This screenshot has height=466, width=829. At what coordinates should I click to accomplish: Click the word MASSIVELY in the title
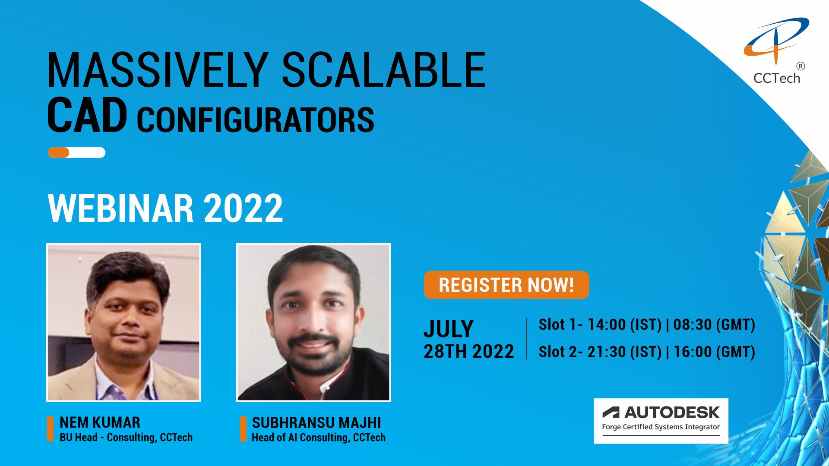coord(158,70)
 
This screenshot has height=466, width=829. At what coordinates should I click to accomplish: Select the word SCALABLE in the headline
coord(384,70)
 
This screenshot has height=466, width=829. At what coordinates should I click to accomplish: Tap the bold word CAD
coord(87,115)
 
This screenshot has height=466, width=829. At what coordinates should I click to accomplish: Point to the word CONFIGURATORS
coord(255,120)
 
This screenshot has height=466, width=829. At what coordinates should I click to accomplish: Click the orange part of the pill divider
coord(59,152)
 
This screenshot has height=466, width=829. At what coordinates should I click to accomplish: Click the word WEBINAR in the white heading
coord(120,208)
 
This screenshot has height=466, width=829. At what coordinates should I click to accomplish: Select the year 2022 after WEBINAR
coord(243,208)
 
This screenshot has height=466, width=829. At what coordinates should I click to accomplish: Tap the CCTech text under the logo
coord(777,78)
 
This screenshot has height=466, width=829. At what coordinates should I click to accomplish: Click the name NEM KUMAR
coord(100,422)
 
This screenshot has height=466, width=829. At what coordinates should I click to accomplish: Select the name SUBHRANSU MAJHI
coord(316,422)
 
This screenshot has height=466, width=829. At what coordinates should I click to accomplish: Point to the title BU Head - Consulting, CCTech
coord(126,438)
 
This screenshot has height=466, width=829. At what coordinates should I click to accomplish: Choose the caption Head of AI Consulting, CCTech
coord(319,438)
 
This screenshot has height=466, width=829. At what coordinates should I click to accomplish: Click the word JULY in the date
coord(449,329)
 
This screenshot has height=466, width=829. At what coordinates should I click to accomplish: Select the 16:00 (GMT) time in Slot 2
coord(714,352)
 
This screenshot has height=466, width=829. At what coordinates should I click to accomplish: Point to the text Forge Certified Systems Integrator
coord(661,427)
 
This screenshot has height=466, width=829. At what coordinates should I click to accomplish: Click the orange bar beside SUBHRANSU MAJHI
coord(243,429)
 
